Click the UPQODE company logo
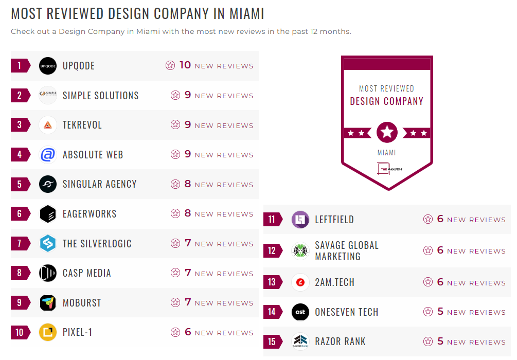48,66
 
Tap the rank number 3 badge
20,125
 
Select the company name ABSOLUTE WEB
93,155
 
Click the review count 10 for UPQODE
185,65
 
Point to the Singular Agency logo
48,184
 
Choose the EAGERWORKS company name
90,214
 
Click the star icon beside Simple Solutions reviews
175,95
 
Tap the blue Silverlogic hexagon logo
48,244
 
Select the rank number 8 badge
20,273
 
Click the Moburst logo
48,302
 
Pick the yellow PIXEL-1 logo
48,332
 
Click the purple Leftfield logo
300,220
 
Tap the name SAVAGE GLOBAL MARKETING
347,251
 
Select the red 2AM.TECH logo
300,282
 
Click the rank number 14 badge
272,312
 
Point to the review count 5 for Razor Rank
440,341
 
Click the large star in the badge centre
387,133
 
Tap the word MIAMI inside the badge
387,153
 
